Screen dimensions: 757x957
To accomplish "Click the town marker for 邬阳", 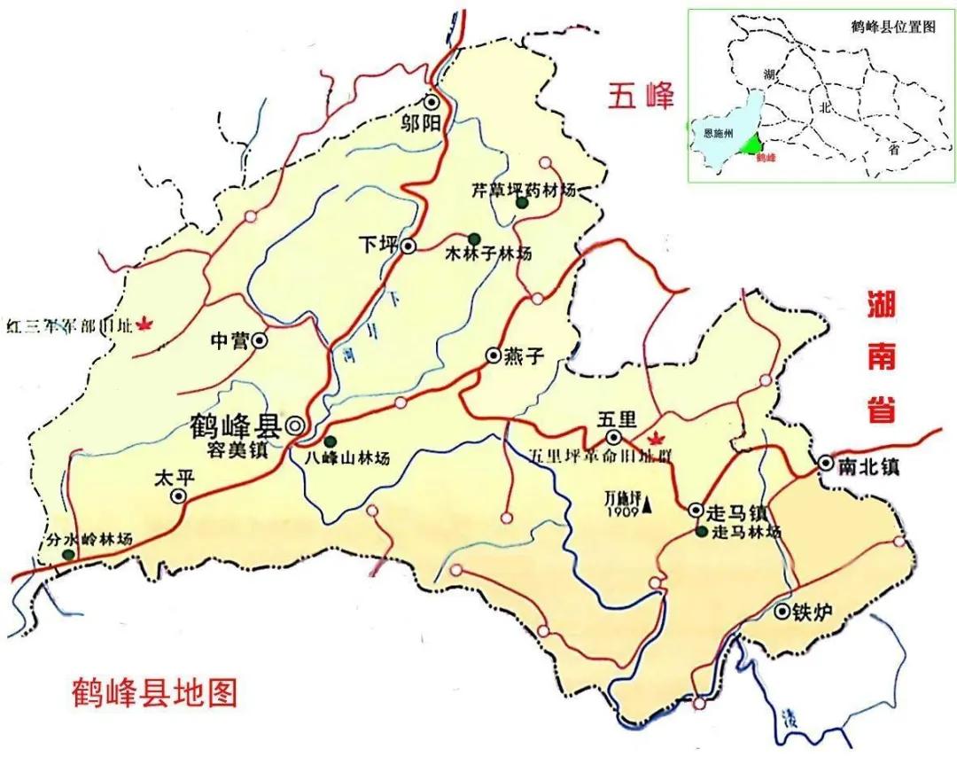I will coord(432,102).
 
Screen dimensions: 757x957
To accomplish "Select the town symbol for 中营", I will coord(260,339).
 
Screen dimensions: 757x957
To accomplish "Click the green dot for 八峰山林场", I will coord(330,441).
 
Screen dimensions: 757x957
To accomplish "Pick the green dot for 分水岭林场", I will coord(68,555).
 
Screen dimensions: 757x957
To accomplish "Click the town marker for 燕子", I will coord(494,355).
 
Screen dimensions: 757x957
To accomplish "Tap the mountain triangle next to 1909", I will coord(648,506).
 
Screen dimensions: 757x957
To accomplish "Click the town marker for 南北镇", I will coord(825,463).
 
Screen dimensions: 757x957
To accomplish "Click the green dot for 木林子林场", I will coord(474,238).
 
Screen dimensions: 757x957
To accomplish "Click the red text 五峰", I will coord(641,95).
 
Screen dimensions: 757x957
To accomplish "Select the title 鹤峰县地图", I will coord(156,691).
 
